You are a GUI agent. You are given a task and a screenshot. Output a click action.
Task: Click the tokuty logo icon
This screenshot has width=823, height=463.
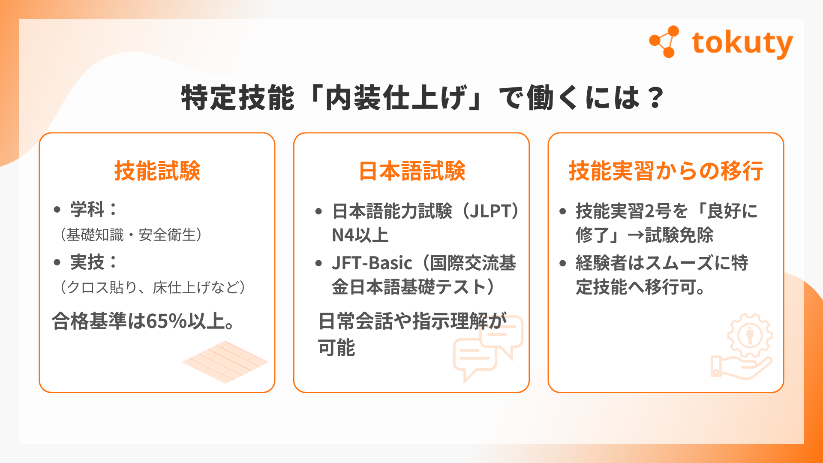(x=664, y=42)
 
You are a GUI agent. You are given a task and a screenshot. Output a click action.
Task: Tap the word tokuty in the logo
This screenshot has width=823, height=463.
(x=742, y=44)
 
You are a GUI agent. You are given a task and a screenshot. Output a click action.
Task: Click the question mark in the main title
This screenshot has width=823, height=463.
(x=656, y=98)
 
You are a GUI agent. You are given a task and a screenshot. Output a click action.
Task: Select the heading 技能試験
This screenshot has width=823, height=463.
(x=157, y=171)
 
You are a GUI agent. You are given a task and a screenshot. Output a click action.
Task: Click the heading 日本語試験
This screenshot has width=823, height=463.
(x=412, y=171)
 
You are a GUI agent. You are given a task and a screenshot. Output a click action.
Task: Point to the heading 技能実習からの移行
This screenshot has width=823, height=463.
(x=666, y=171)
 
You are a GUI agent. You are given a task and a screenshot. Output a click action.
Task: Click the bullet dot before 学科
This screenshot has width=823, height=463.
(x=57, y=210)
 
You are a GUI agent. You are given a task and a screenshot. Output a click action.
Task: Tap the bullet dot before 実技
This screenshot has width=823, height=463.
(x=57, y=262)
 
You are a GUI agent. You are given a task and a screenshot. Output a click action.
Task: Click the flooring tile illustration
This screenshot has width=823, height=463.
(x=225, y=362)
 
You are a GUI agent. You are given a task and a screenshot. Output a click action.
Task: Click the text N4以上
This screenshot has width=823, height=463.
(x=360, y=235)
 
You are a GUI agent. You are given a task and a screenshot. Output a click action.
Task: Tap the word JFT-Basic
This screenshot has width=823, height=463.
(x=372, y=263)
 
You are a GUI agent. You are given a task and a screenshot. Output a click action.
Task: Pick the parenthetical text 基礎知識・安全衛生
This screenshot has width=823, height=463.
(x=131, y=235)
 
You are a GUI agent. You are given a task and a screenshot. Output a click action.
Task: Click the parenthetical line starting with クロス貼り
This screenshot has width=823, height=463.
(x=153, y=287)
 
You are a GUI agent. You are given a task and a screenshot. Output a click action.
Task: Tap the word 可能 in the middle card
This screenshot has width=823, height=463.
(x=336, y=348)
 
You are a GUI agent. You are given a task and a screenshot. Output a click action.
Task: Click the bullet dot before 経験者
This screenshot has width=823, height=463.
(x=563, y=263)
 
